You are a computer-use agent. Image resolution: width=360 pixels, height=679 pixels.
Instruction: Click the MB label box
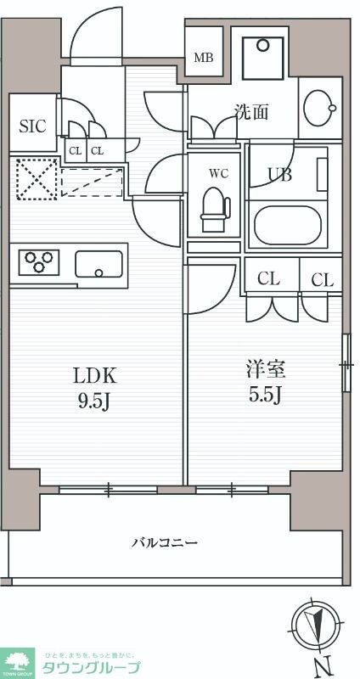(x=204, y=58)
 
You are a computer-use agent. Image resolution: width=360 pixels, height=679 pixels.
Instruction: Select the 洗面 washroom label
(x=252, y=111)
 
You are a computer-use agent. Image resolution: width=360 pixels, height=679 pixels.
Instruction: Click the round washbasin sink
(x=321, y=108)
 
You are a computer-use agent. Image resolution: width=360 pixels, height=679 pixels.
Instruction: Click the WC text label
(x=218, y=174)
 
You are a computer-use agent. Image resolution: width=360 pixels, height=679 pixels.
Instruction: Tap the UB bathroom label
(x=279, y=175)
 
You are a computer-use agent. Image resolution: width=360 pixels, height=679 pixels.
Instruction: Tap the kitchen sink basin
(x=99, y=264)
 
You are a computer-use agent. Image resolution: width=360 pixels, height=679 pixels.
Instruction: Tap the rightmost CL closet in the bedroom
(x=322, y=279)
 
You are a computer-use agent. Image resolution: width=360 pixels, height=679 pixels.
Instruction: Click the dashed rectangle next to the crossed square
(x=92, y=181)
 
